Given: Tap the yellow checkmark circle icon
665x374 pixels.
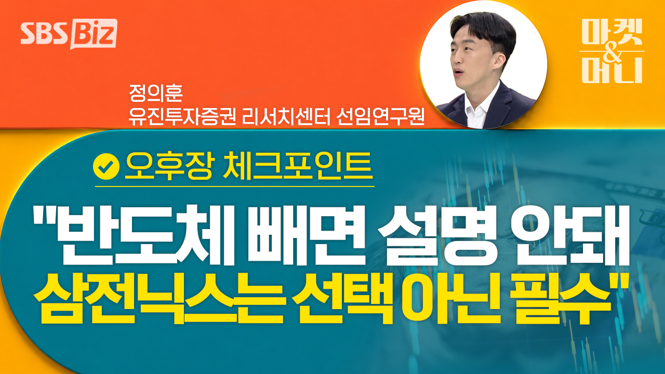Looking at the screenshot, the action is tap(107, 167).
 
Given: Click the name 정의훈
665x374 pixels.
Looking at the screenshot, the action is tap(155, 93).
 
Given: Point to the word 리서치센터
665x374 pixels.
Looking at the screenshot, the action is tap(286, 117).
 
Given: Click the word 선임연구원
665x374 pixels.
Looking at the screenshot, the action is tap(380, 117).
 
